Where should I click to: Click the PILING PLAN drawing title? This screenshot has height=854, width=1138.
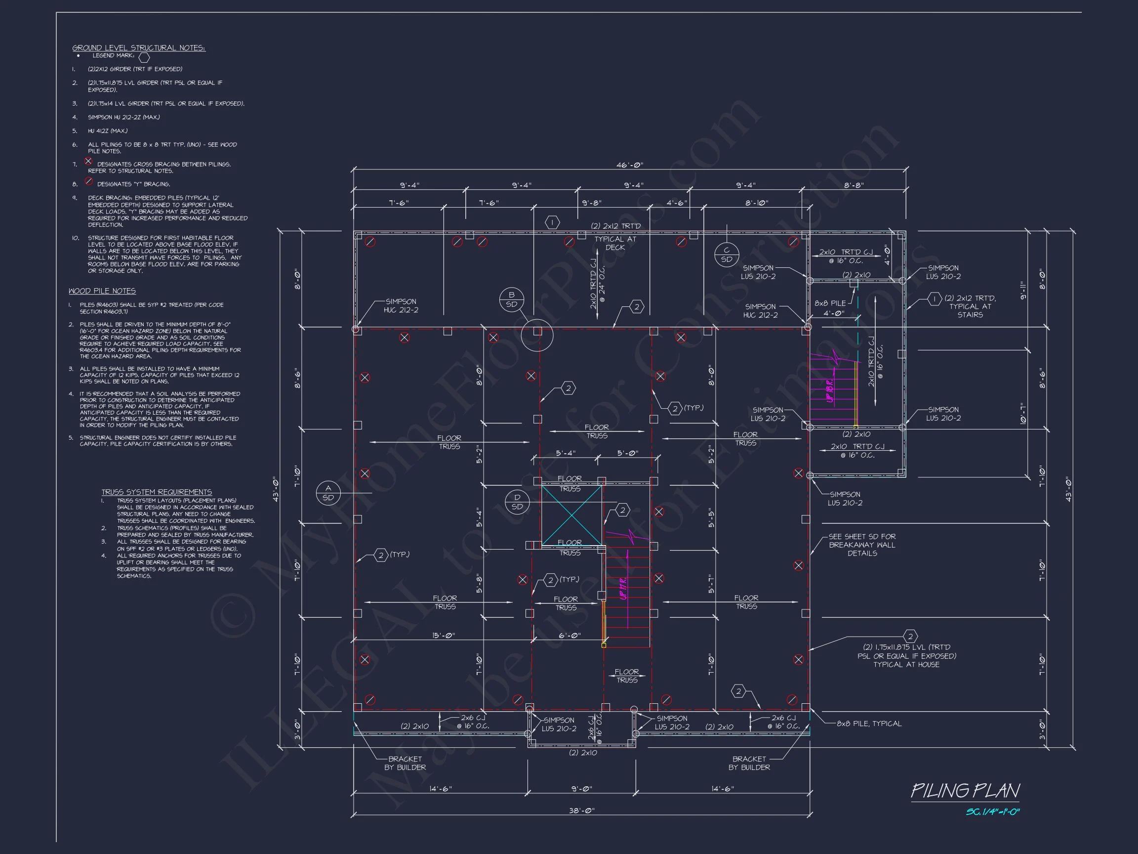coord(965,791)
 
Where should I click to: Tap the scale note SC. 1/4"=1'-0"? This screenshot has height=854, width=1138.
coord(992,812)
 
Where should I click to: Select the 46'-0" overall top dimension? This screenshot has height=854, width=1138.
coord(630,165)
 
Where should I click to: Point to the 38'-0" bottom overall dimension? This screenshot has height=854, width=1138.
coord(581,811)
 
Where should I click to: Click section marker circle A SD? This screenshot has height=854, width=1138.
coord(328,493)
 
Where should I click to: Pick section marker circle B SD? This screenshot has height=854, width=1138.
coord(511,299)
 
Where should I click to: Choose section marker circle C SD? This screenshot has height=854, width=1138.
coord(727,255)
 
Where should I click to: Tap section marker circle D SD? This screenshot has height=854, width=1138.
coord(517,502)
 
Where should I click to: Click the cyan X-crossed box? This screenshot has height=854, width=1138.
coord(571,515)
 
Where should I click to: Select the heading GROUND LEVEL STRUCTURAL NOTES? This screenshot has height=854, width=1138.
coord(138,48)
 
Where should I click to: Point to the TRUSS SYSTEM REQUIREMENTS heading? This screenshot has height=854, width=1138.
coord(157,492)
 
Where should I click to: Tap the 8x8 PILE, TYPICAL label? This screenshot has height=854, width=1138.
coord(869,723)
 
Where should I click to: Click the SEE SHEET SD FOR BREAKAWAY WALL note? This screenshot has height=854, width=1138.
coord(862,545)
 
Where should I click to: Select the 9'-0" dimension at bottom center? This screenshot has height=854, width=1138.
coord(581,789)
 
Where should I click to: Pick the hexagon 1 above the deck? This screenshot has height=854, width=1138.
coord(552,222)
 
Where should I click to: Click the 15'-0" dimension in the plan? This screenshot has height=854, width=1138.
coord(443,636)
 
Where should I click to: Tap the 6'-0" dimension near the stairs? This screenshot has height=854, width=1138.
coord(569,636)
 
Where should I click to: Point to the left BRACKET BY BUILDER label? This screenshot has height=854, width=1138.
coord(405,763)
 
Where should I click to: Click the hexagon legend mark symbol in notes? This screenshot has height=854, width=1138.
coord(144,57)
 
